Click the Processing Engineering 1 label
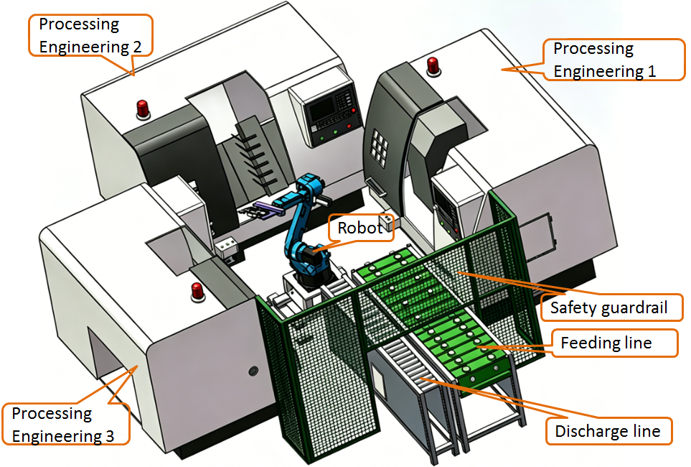click(604, 60)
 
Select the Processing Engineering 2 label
click(89, 35)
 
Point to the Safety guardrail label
click(608, 308)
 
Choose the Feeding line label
click(606, 343)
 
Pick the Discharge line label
click(607, 432)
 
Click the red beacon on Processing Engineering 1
click(433, 65)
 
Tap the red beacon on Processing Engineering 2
click(143, 108)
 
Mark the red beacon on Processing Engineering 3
click(196, 291)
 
